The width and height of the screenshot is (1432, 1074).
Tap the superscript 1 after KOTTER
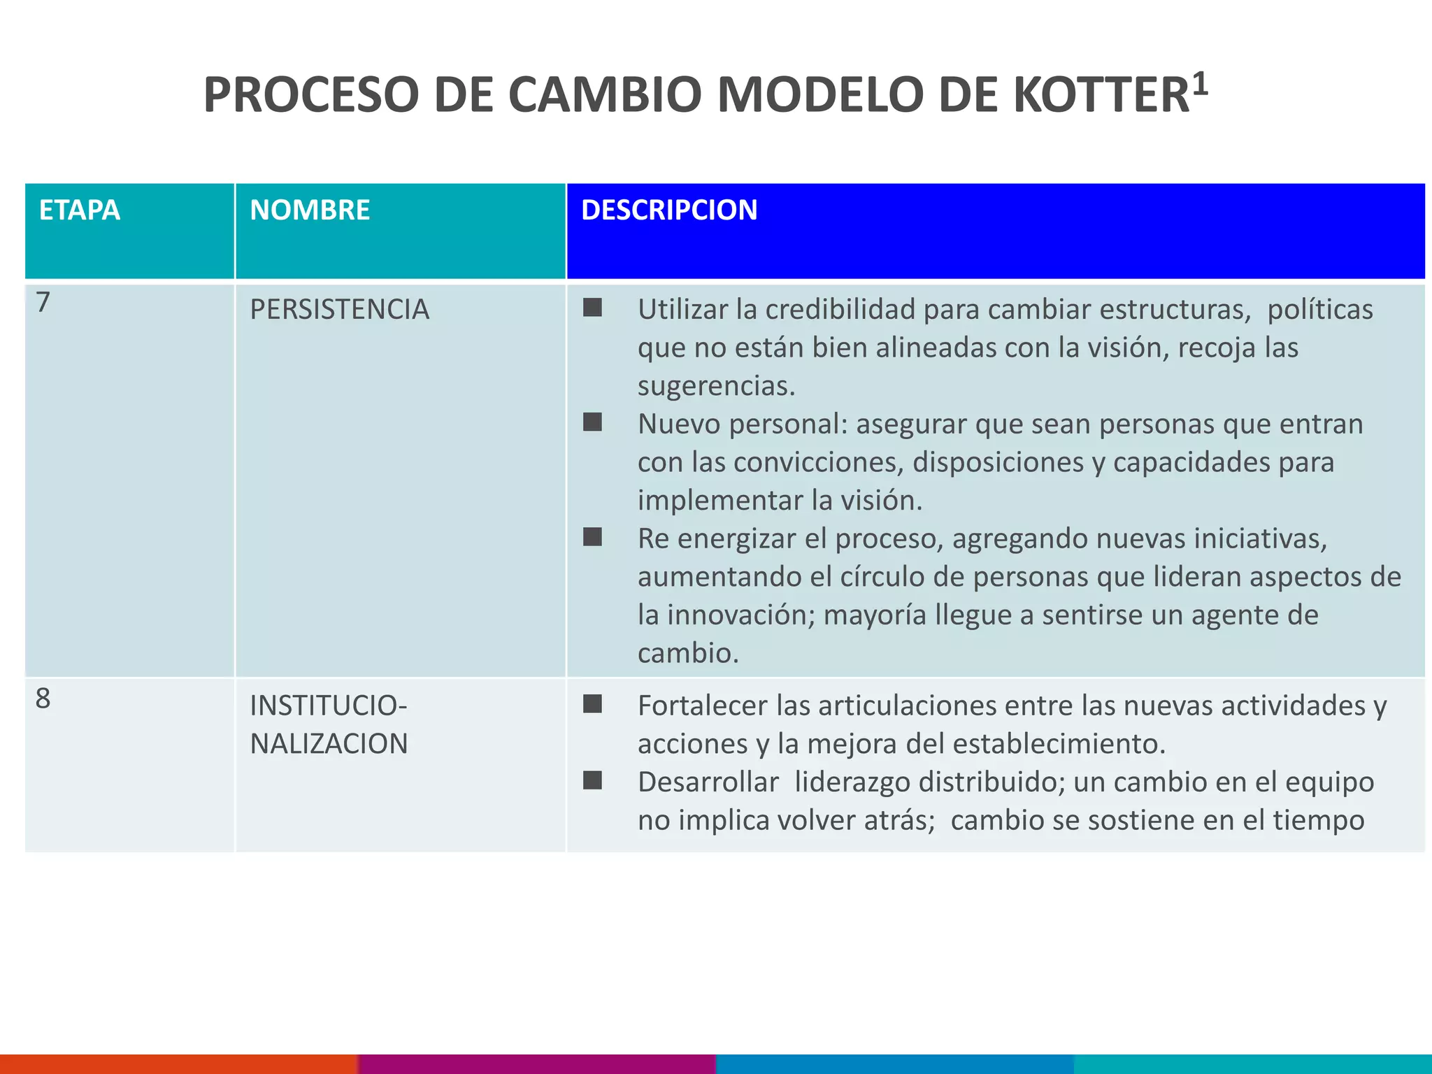point(1199,84)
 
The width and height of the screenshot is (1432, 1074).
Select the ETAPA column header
point(80,210)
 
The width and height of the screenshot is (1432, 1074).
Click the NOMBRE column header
point(310,210)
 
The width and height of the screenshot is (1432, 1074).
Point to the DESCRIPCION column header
point(669,210)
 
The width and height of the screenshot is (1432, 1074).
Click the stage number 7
point(43,303)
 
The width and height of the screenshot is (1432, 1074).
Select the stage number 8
point(43,699)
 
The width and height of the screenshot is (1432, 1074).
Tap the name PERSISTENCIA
point(339,310)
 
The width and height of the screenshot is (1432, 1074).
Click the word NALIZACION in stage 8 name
point(329,744)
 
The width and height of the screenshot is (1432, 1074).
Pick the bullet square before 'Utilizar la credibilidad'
point(592,308)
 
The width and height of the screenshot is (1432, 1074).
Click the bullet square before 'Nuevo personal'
point(592,422)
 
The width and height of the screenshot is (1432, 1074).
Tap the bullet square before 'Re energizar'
point(592,537)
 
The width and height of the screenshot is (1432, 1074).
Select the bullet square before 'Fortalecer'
point(592,704)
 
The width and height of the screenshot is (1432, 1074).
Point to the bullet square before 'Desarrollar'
point(592,780)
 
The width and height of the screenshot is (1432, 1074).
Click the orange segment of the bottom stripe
point(179,1064)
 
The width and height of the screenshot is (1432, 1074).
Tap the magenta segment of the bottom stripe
point(537,1064)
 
